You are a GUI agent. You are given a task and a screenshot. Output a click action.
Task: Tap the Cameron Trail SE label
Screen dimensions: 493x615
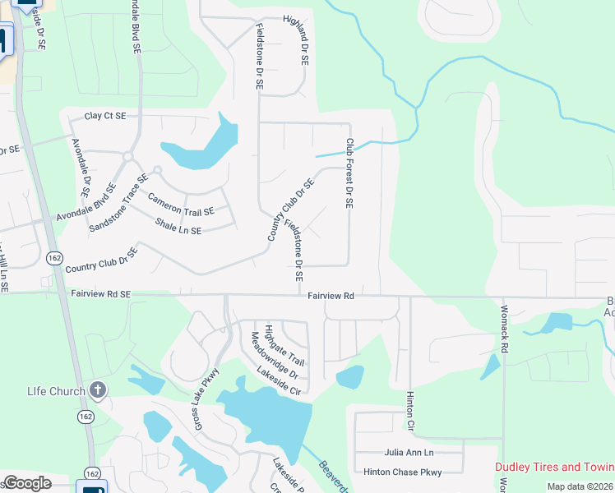coord(181,205)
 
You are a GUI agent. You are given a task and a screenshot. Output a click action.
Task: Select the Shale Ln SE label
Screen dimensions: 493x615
coord(178,227)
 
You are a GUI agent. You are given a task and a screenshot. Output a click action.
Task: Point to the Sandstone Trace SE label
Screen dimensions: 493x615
coord(119,201)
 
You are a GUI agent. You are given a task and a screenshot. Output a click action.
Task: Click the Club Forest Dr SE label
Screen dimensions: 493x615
coord(349,173)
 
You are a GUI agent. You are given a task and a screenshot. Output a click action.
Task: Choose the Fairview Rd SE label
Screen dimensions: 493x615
coord(101,293)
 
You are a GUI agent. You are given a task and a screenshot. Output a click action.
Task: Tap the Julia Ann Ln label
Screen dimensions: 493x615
coord(409,453)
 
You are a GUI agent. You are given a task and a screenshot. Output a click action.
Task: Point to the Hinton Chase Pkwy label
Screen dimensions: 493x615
coord(403,472)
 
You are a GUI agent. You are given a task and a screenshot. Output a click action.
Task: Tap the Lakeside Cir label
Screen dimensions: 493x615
coord(279,380)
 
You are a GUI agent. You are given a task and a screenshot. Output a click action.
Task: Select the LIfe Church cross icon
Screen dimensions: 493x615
coord(98,389)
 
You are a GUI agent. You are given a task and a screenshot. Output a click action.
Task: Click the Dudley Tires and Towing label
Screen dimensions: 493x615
coord(554,467)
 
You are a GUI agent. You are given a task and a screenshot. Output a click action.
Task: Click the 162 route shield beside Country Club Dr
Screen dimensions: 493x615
coord(54,257)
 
